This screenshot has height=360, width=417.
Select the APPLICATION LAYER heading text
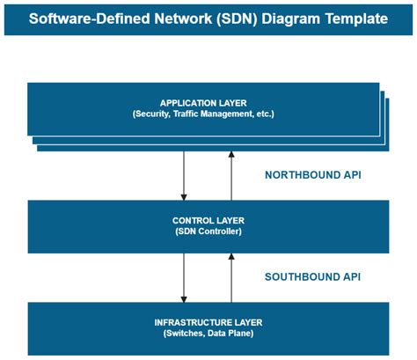203,103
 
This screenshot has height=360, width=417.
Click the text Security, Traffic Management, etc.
203,114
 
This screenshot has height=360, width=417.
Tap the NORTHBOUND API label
312,175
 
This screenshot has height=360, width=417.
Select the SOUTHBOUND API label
312,277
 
